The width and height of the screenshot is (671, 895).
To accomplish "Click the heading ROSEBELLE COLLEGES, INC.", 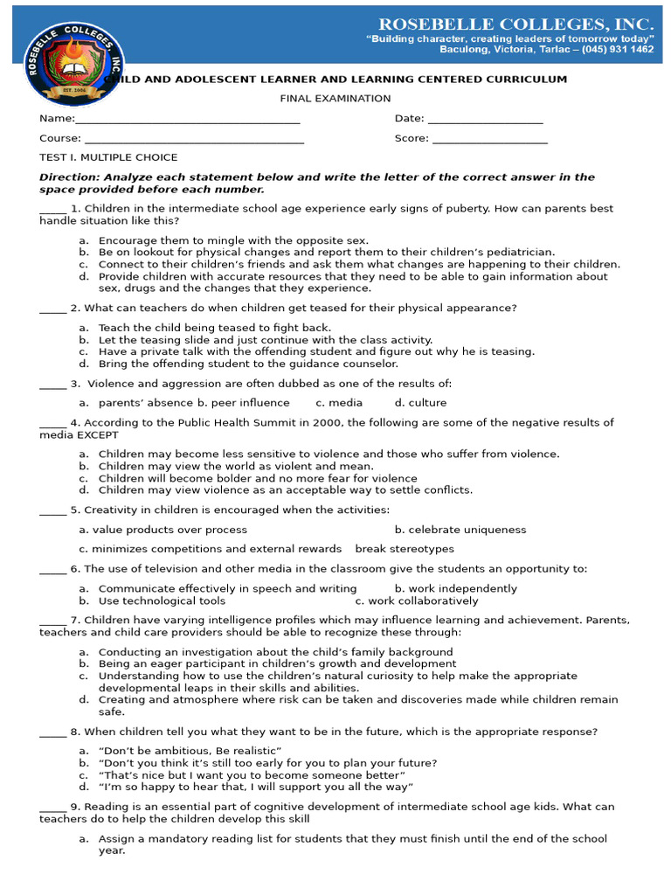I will point(515,24).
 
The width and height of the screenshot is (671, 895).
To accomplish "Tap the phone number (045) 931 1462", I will point(616,50).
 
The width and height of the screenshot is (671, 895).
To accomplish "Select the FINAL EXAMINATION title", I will point(335,99).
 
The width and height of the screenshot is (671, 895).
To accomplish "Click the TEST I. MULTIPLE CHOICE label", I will point(108,157).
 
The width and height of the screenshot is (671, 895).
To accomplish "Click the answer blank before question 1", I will point(52,210).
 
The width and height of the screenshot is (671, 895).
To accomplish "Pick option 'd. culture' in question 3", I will point(420,403).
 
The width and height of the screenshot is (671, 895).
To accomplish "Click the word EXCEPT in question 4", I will point(98,434).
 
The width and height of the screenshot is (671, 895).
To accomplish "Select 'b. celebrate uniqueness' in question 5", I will point(460,530).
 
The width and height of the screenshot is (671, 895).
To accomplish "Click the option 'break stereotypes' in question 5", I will point(405,549).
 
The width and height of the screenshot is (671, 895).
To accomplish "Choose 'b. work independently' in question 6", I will point(455,589).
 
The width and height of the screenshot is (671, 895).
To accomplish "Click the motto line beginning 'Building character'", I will point(509,39).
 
